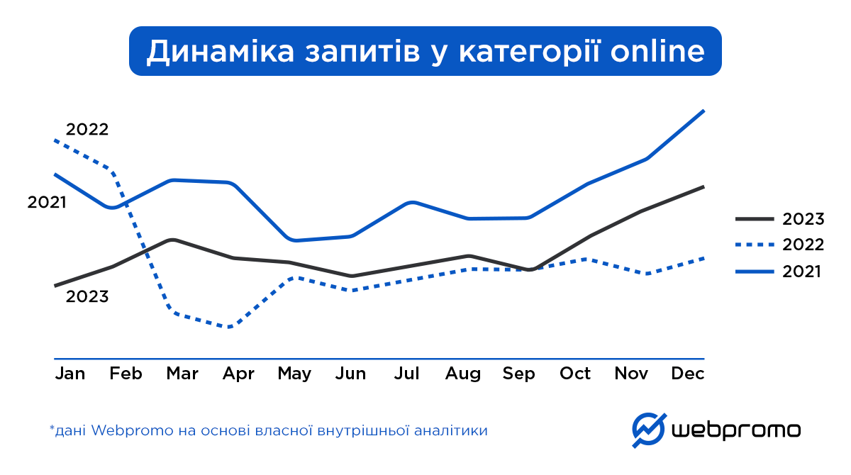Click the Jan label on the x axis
tap(69, 374)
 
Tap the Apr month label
tap(238, 374)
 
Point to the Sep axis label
tap(518, 374)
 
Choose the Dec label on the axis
tap(688, 374)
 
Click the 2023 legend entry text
tap(803, 219)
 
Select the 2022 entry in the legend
tap(803, 245)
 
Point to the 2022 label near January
tap(87, 130)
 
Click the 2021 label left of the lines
tap(47, 203)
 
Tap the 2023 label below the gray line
tap(87, 297)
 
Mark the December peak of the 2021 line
tap(703, 111)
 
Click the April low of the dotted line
tap(229, 327)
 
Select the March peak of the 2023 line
tap(172, 240)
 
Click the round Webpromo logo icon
tap(649, 430)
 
